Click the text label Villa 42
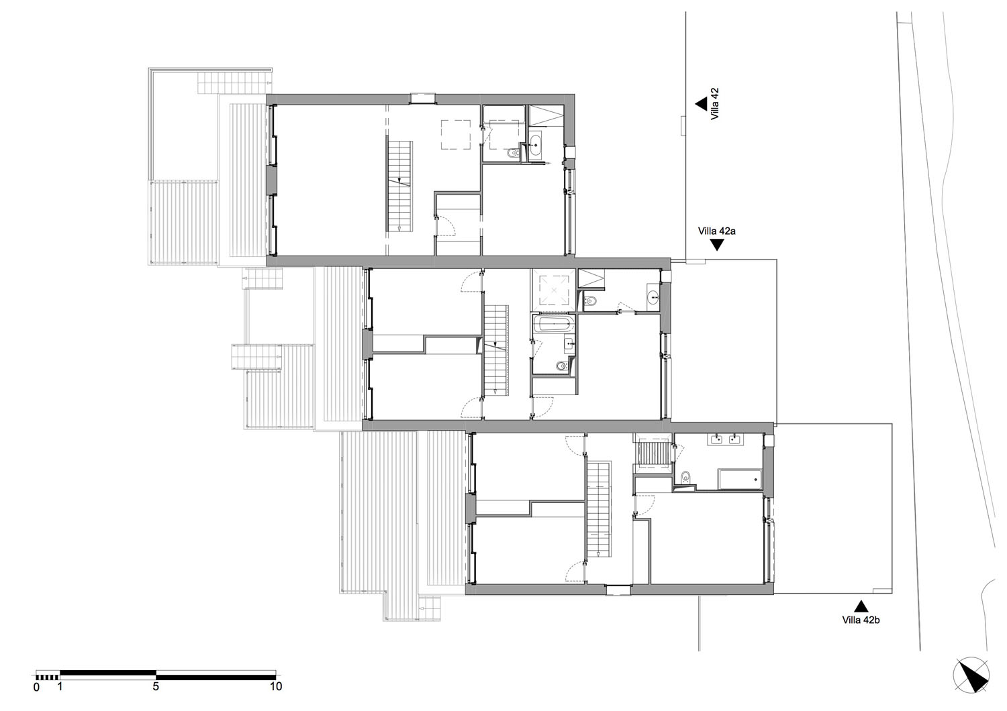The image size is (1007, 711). click(715, 104)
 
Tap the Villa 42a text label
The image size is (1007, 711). click(716, 231)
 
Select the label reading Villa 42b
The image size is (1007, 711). click(861, 620)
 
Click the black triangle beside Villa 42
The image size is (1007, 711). click(702, 104)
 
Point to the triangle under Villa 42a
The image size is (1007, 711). click(718, 245)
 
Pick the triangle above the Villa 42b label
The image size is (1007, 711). click(861, 606)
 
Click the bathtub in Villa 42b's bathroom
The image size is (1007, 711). click(740, 479)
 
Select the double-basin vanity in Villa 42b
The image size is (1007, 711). click(725, 439)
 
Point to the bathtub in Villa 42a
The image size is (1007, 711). click(554, 323)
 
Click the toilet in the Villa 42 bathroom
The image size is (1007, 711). click(513, 154)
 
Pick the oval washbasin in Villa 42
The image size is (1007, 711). click(535, 145)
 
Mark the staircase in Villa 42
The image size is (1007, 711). click(399, 186)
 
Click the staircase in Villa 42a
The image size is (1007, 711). click(495, 351)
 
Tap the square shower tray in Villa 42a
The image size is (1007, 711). click(554, 290)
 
